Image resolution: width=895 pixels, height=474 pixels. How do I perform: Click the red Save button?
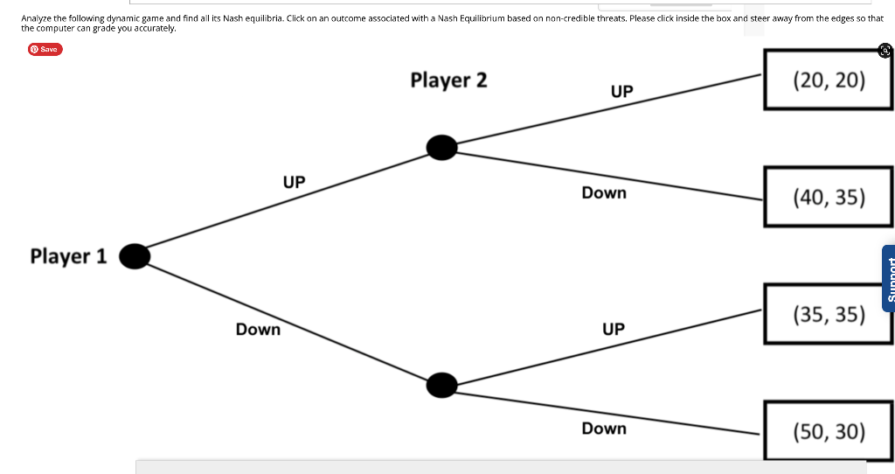[45, 49]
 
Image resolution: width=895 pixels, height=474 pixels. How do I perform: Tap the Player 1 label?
[68, 256]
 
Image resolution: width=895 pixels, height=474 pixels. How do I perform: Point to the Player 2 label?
[448, 80]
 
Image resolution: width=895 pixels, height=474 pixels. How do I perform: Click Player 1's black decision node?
[134, 254]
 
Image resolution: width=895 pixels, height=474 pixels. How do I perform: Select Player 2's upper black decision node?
[442, 148]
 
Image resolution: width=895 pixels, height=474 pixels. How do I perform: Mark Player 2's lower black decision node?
[442, 384]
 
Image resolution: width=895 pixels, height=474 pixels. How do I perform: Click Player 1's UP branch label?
[294, 182]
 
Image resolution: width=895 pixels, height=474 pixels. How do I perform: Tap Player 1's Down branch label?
[258, 330]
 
